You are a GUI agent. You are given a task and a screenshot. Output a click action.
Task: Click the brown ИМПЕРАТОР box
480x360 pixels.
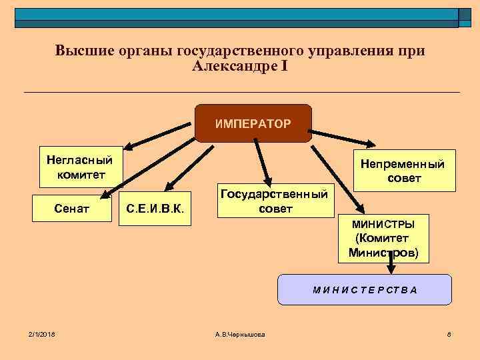(253, 123)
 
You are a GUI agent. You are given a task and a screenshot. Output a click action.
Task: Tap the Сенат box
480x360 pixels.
(72, 209)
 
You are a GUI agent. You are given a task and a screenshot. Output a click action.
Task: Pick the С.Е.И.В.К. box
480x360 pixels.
(155, 211)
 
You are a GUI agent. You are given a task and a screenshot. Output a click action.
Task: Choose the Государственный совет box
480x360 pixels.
(274, 200)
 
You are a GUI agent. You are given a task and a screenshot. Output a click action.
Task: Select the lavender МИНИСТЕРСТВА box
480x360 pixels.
(365, 289)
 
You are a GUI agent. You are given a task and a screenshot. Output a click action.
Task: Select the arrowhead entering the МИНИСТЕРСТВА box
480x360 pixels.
(391, 269)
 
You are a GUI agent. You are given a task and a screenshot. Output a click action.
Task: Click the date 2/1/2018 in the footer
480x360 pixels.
(41, 333)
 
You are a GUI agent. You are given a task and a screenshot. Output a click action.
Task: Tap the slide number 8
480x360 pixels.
(450, 333)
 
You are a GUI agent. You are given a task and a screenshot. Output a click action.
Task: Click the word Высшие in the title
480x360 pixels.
(80, 51)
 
